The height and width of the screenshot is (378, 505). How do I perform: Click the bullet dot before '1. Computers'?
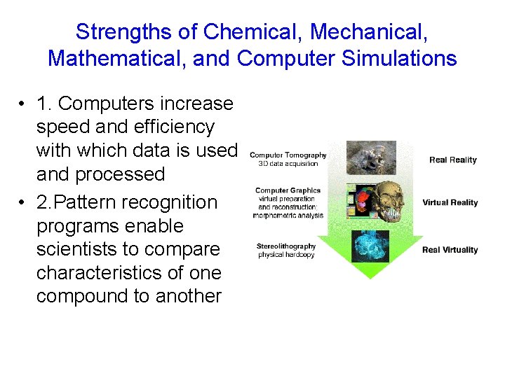(x=23, y=104)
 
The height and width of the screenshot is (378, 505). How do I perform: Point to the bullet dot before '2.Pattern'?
(x=23, y=203)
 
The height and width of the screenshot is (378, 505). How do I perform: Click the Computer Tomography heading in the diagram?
(x=288, y=155)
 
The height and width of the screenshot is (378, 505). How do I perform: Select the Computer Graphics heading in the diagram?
(x=288, y=190)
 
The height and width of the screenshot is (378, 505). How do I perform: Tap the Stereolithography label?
(x=286, y=246)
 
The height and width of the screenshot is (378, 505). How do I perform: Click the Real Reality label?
(x=452, y=160)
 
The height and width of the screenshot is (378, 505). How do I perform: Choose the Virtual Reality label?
(x=450, y=203)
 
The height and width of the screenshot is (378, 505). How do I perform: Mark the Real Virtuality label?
(x=450, y=250)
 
